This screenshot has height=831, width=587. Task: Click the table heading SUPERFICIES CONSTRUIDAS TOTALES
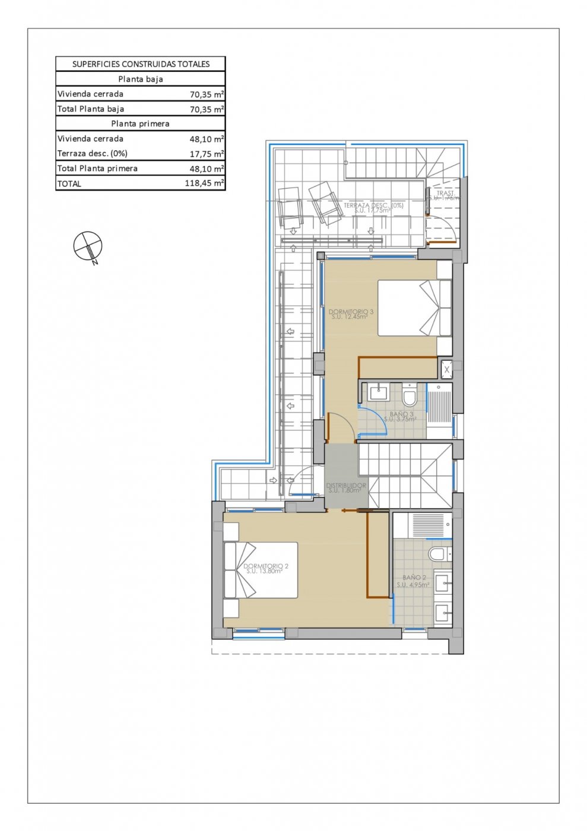(x=141, y=64)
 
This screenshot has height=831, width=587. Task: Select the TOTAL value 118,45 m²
(x=204, y=183)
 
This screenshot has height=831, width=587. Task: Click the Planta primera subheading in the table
(x=140, y=123)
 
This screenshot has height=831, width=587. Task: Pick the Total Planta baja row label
(x=91, y=109)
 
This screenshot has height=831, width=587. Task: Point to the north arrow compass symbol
(x=88, y=246)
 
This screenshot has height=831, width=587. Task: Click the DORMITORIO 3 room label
(x=351, y=313)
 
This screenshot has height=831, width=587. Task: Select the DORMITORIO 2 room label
(x=265, y=568)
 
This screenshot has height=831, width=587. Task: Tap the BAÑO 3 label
(x=401, y=416)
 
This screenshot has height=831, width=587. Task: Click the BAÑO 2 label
(x=414, y=580)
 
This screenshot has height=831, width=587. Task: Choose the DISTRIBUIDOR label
(x=346, y=487)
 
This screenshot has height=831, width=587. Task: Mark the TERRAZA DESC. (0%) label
(x=373, y=207)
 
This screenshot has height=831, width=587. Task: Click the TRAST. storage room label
(x=445, y=195)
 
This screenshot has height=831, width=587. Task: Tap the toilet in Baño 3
(x=410, y=394)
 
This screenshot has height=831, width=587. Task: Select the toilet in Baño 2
(x=437, y=554)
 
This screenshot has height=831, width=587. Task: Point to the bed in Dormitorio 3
(x=414, y=308)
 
